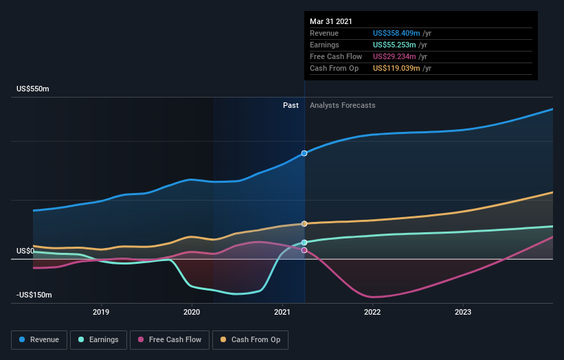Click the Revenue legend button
[x=40, y=339]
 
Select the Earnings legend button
[x=99, y=339]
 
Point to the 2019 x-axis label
[x=102, y=311]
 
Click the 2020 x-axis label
[x=192, y=311]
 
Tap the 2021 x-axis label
[x=282, y=311]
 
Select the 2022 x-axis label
[x=372, y=311]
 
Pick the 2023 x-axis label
[x=463, y=311]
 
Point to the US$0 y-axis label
[x=25, y=251]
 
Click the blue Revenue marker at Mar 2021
[x=304, y=153]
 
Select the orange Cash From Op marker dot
[x=304, y=224]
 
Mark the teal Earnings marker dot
[x=304, y=243]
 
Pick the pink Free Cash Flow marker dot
[x=304, y=250]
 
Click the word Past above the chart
[x=291, y=105]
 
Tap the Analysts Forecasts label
[x=343, y=105]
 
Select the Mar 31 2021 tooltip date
[x=331, y=21]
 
